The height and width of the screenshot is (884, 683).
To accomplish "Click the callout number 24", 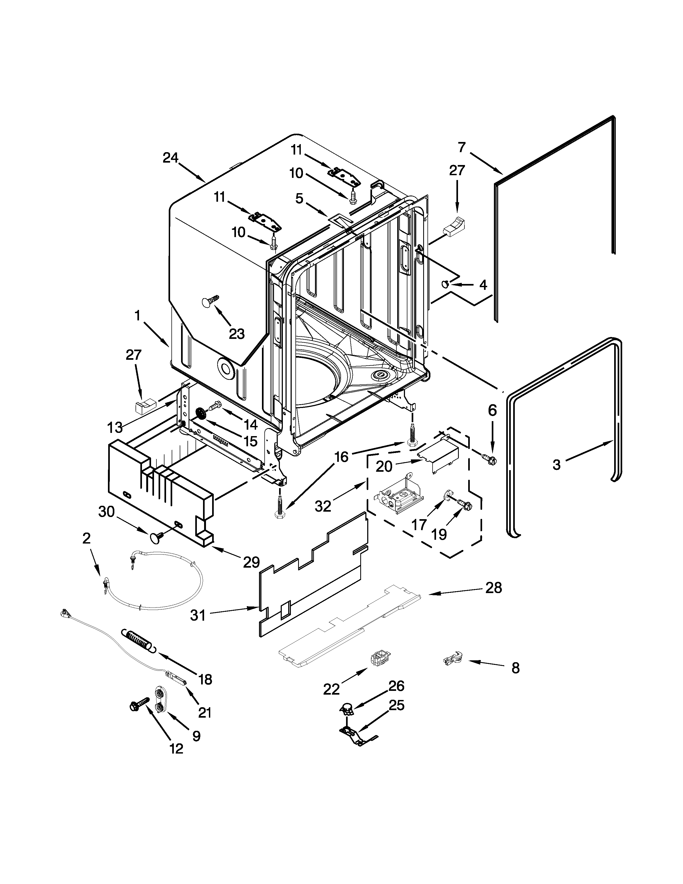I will pyautogui.click(x=170, y=158).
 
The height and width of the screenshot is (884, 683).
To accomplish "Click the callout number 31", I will pyautogui.click(x=198, y=616).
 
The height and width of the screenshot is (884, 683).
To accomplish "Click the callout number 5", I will pyautogui.click(x=299, y=199).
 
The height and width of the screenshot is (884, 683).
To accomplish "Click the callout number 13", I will pyautogui.click(x=115, y=428).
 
